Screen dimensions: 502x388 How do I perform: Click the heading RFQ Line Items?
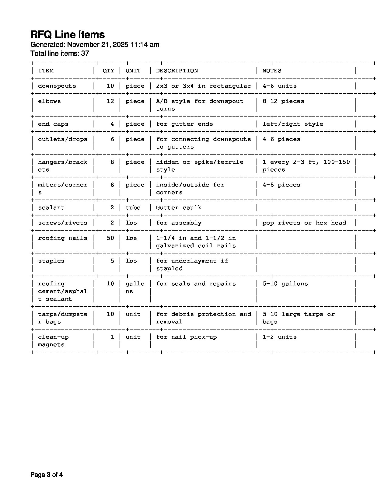point(68,35)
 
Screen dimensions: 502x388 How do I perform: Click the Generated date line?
point(95,45)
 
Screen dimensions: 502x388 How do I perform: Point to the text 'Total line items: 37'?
point(60,54)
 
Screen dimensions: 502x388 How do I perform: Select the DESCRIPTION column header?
point(177,71)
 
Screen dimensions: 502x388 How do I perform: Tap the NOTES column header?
point(272,71)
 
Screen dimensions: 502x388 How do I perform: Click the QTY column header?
point(108,71)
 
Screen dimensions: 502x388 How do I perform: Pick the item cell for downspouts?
point(57,86)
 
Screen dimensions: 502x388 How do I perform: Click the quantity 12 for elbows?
point(110,101)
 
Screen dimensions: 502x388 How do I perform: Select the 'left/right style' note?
point(293,124)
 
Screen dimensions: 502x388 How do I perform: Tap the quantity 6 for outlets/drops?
point(112,139)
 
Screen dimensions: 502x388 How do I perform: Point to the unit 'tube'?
point(133,207)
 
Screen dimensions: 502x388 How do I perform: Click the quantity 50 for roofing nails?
point(110,238)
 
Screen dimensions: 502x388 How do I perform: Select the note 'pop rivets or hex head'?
point(304,223)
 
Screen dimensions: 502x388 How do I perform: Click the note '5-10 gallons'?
point(285,284)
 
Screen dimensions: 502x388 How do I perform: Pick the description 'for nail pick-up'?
point(186,337)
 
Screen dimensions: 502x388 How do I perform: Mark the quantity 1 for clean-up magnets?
point(112,337)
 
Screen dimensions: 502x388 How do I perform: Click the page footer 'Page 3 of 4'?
point(47,475)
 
